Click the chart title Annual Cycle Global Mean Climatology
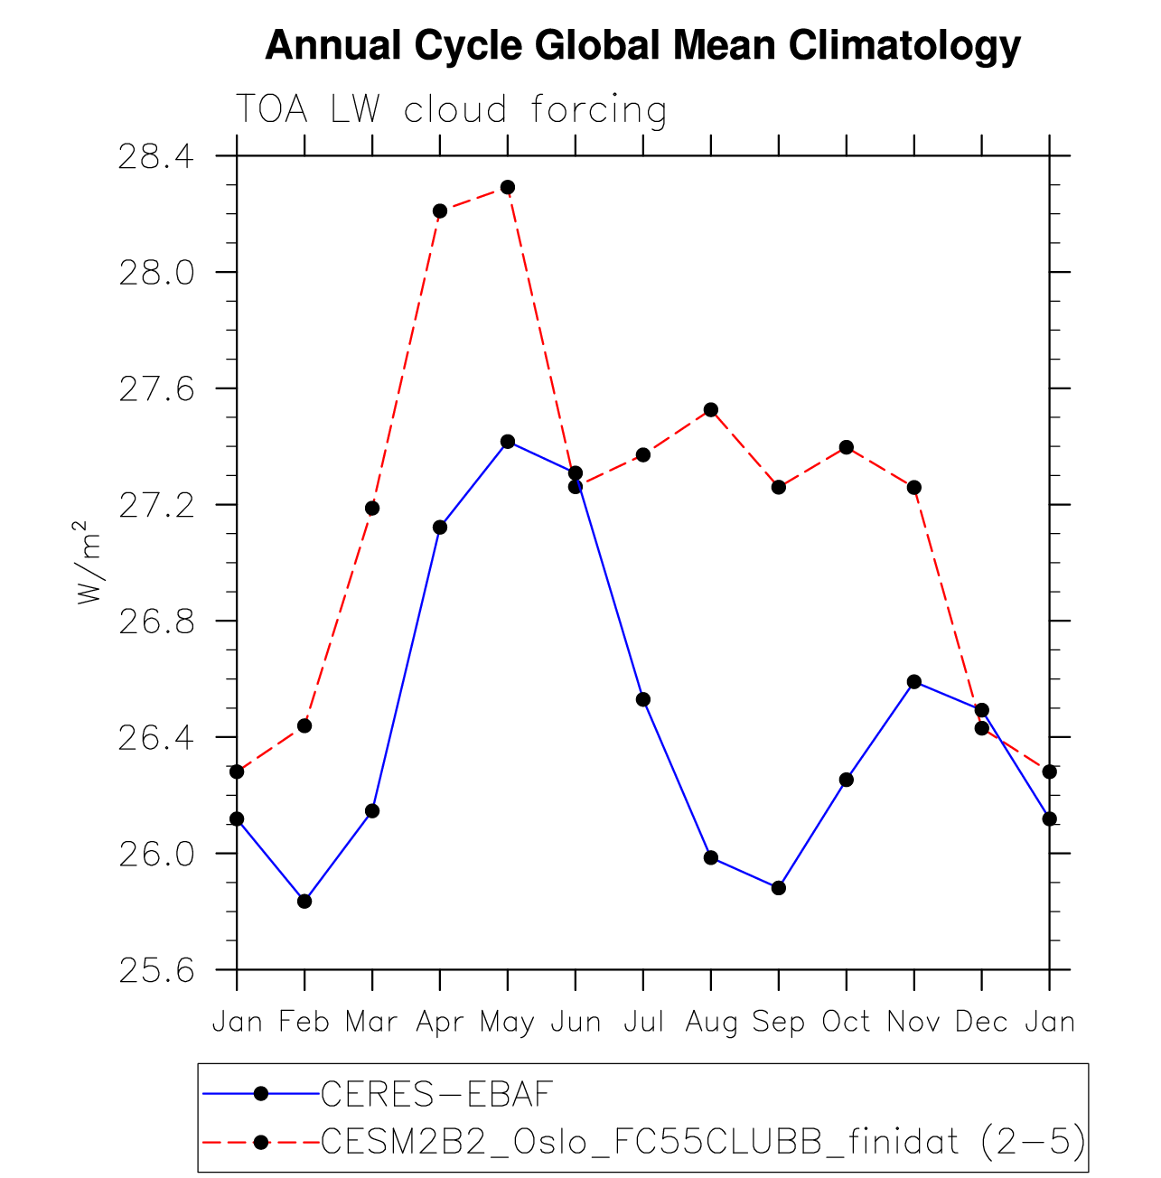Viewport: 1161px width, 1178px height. click(642, 45)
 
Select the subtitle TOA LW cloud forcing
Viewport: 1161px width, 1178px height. click(451, 110)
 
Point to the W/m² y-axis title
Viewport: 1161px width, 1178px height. click(88, 562)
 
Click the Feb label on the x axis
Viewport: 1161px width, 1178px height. click(304, 1022)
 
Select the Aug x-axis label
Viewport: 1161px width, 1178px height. click(711, 1022)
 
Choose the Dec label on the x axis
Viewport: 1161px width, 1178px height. click(981, 1022)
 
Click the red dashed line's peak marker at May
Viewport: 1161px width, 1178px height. click(508, 187)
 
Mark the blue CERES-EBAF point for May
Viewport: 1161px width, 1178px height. click(508, 442)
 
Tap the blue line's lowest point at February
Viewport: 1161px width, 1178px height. click(304, 902)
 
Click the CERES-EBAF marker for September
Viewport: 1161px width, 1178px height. click(779, 888)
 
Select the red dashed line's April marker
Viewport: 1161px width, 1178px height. click(440, 210)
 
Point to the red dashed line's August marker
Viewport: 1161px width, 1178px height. click(711, 409)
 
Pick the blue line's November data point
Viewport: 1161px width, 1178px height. click(914, 681)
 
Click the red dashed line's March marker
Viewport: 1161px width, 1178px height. click(372, 508)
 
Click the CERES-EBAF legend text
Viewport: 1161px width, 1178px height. click(436, 1094)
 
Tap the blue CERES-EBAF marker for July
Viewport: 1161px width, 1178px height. click(643, 699)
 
